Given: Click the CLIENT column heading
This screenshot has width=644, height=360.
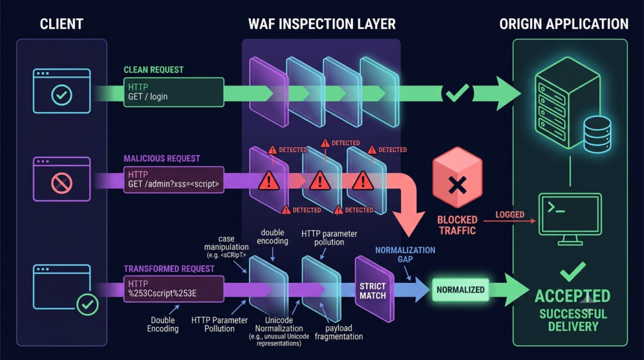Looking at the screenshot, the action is pyautogui.click(x=62, y=24).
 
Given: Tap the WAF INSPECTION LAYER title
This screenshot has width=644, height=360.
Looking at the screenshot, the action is pyautogui.click(x=322, y=24).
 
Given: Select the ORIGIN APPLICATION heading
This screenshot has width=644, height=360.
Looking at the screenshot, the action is pyautogui.click(x=564, y=24).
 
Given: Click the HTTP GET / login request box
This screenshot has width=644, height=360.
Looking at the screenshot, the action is pyautogui.click(x=174, y=92).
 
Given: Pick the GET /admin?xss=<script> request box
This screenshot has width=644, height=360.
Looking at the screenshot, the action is pyautogui.click(x=174, y=179).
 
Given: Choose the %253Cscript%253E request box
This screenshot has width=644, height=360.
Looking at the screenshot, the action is pyautogui.click(x=174, y=289).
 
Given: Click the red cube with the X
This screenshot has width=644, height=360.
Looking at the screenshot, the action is pyautogui.click(x=457, y=177).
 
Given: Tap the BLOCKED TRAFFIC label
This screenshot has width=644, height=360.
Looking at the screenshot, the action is pyautogui.click(x=457, y=225).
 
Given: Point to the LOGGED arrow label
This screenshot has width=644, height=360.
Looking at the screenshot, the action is pyautogui.click(x=509, y=215).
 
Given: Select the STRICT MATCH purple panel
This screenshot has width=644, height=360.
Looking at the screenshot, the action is pyautogui.click(x=374, y=290).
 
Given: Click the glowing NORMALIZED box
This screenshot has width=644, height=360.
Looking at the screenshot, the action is pyautogui.click(x=460, y=290).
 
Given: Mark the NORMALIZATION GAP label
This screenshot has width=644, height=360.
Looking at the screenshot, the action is pyautogui.click(x=405, y=254).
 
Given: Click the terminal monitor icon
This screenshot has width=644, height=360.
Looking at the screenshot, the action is pyautogui.click(x=570, y=219).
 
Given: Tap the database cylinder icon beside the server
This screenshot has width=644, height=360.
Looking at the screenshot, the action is pyautogui.click(x=597, y=135).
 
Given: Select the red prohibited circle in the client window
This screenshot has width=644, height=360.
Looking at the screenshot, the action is pyautogui.click(x=62, y=183).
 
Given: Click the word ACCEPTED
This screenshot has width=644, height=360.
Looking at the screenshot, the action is pyautogui.click(x=572, y=296).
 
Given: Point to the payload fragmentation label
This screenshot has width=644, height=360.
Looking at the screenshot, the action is pyautogui.click(x=339, y=332).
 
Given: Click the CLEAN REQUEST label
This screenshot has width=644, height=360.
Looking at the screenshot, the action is pyautogui.click(x=153, y=70).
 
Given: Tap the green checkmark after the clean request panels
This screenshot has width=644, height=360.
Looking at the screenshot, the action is pyautogui.click(x=457, y=93).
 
